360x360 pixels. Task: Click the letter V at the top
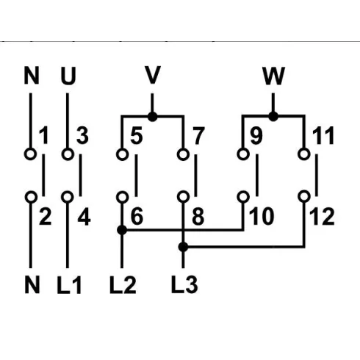(x=153, y=75)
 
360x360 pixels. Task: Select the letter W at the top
(x=273, y=76)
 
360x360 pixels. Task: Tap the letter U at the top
(x=68, y=76)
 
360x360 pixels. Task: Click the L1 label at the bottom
(x=69, y=285)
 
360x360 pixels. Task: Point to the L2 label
(x=123, y=284)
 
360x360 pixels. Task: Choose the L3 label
(x=184, y=284)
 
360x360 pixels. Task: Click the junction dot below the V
(x=153, y=117)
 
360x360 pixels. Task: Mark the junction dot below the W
(x=273, y=116)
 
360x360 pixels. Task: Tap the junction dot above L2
(x=122, y=230)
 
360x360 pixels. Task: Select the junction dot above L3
(x=183, y=247)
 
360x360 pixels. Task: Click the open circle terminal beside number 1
(x=30, y=154)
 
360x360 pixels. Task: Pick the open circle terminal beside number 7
(x=183, y=154)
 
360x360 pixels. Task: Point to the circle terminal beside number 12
(x=304, y=197)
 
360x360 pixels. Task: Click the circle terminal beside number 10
(x=243, y=197)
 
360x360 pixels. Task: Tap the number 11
(x=323, y=135)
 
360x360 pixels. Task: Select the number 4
(x=84, y=217)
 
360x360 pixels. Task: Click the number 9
(x=256, y=135)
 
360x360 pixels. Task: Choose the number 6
(x=137, y=216)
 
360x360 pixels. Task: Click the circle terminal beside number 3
(x=68, y=154)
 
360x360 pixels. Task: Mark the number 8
(x=198, y=216)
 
